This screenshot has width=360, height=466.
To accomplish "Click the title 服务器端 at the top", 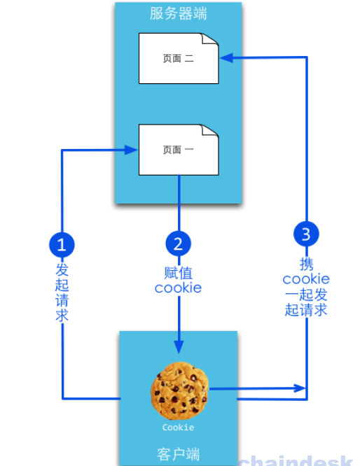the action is [x=178, y=14].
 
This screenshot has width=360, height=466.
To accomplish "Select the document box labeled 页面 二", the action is [x=179, y=58].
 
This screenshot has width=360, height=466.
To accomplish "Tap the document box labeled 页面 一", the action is [x=179, y=150].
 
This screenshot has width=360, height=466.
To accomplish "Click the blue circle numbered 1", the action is [x=62, y=245].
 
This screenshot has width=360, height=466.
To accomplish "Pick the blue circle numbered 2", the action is [x=178, y=243].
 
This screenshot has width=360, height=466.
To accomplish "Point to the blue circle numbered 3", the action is [x=306, y=234].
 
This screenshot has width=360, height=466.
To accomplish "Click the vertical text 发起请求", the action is [x=62, y=292].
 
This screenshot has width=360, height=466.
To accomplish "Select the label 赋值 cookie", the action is [x=178, y=281].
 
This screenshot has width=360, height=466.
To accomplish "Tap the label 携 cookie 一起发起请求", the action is [x=306, y=287].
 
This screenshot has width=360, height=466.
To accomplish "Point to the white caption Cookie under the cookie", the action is [x=178, y=428].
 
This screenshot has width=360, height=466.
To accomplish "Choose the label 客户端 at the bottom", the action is [x=178, y=454].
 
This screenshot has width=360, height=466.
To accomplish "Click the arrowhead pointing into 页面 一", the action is [x=131, y=150].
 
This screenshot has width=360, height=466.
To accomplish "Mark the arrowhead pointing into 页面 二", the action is [x=226, y=57].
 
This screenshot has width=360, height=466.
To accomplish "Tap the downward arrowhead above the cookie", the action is [x=179, y=347].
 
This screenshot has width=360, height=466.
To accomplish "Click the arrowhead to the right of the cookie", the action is [x=300, y=388].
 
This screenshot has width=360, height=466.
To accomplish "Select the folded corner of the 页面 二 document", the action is [x=210, y=39].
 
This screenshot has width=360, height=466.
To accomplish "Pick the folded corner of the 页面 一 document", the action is [x=210, y=130].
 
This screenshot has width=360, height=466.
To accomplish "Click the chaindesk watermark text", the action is [x=296, y=460].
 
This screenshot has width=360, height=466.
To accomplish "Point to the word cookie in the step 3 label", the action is [x=306, y=279].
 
